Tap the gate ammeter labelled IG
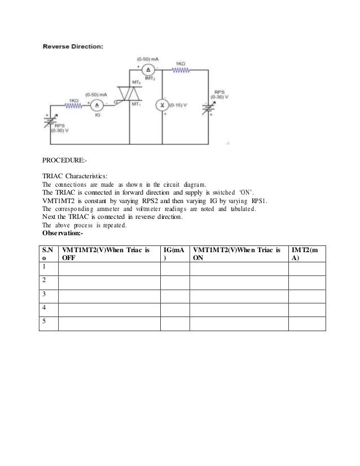(x=95, y=105)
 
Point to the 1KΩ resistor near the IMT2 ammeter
(x=182, y=70)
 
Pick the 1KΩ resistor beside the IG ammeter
(x=73, y=105)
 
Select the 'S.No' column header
(x=47, y=253)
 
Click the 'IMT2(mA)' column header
(x=307, y=253)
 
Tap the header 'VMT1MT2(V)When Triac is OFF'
(x=107, y=253)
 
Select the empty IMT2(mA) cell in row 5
(x=307, y=323)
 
